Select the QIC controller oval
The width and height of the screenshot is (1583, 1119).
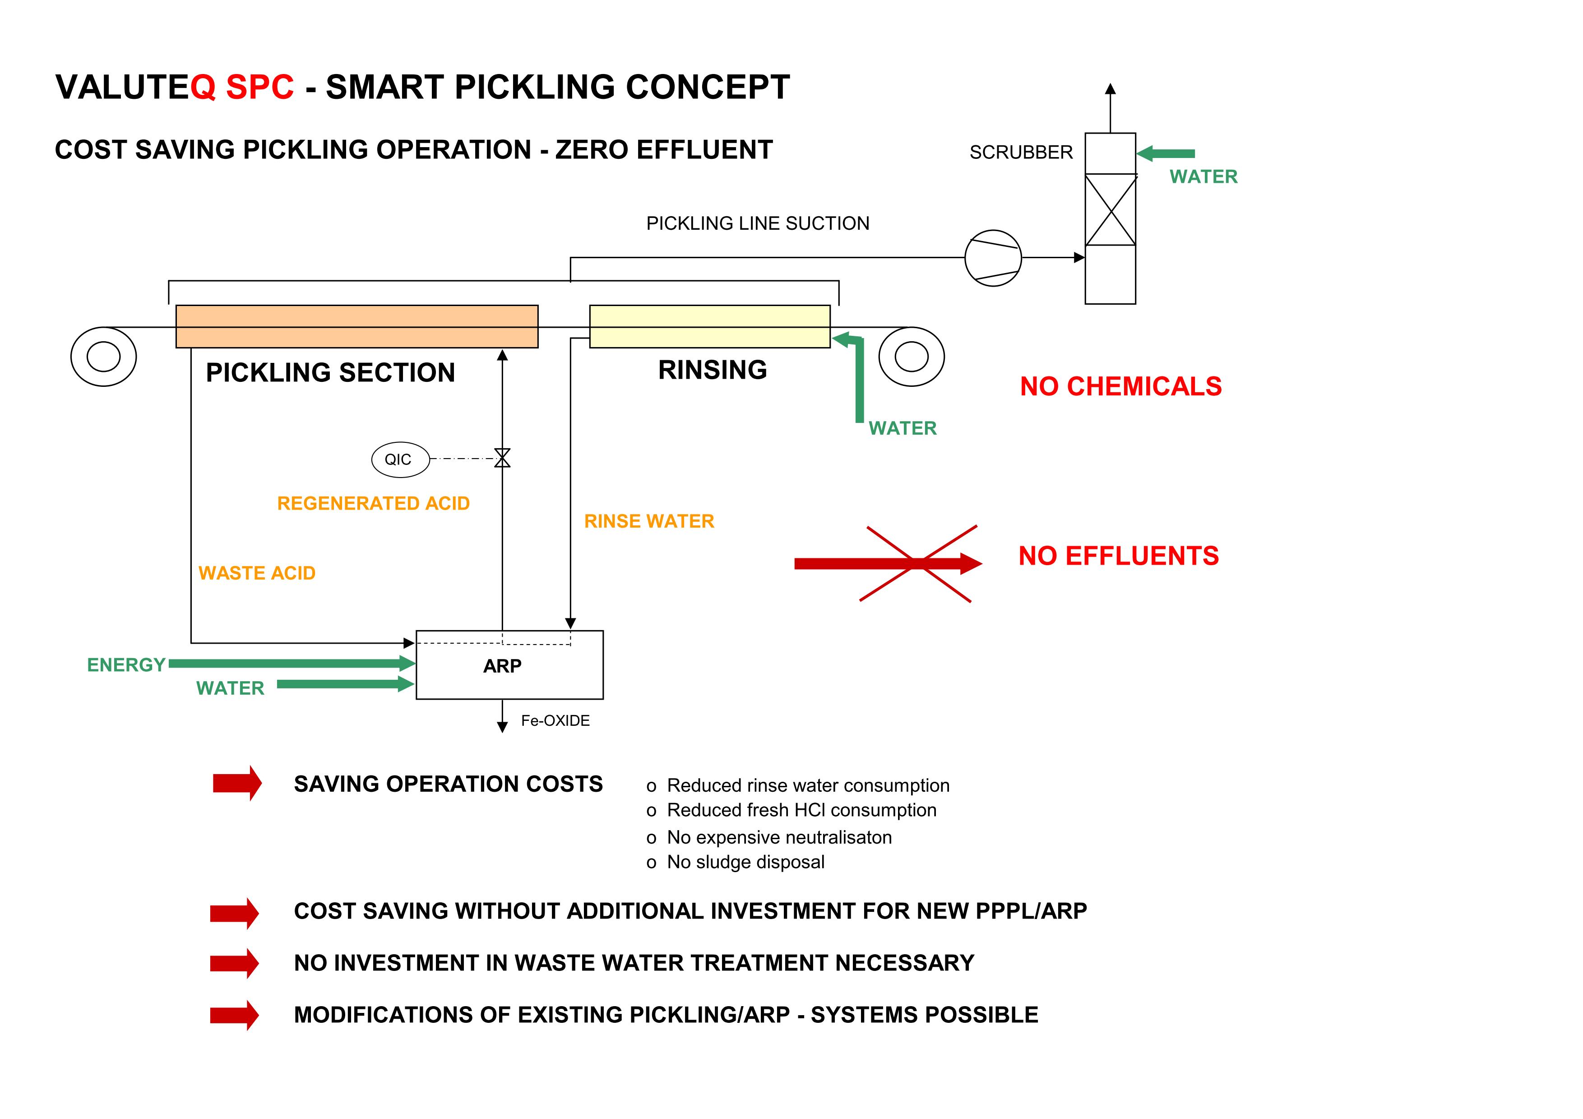pyautogui.click(x=400, y=459)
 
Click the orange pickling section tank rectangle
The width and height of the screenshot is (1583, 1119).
pyautogui.click(x=356, y=326)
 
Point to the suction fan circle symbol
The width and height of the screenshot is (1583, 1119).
pyautogui.click(x=992, y=258)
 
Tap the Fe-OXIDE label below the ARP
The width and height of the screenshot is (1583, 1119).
pyautogui.click(x=555, y=720)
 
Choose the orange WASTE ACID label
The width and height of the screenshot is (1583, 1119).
pyautogui.click(x=256, y=573)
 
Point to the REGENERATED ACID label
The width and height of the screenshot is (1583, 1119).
pyautogui.click(x=373, y=503)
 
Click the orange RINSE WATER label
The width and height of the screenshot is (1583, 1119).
pyautogui.click(x=649, y=521)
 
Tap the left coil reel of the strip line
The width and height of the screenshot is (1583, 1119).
pyautogui.click(x=103, y=357)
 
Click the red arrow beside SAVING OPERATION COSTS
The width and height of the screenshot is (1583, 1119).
pyautogui.click(x=236, y=783)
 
